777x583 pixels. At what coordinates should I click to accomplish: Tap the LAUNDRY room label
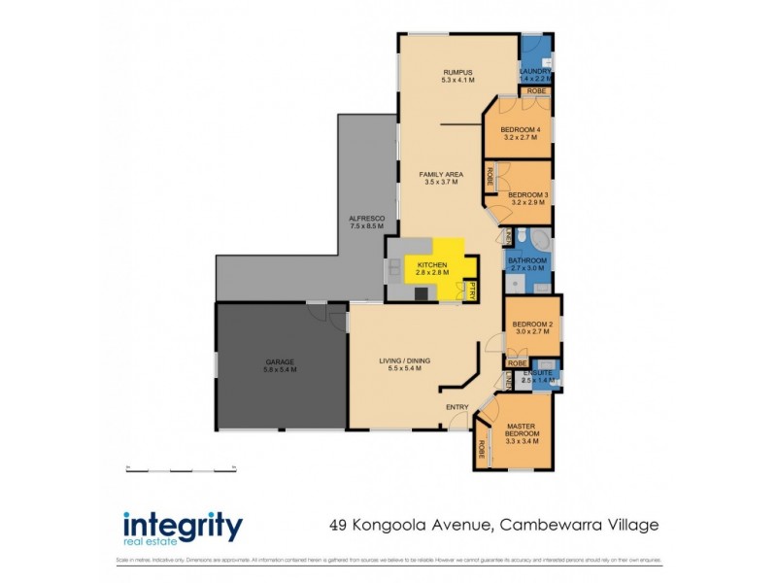(536, 71)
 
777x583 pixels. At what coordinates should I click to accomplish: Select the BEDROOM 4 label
(521, 129)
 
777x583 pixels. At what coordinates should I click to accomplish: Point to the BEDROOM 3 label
(528, 194)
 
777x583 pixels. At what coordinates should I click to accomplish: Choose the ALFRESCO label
(367, 220)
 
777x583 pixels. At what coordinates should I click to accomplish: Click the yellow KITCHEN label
(432, 265)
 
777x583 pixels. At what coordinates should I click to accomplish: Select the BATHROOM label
(528, 260)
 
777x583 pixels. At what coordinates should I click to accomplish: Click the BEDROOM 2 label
(532, 324)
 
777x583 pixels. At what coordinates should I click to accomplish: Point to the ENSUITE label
(537, 372)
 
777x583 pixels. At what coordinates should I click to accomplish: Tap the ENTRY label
(457, 406)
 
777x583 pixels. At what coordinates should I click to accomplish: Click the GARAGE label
(280, 361)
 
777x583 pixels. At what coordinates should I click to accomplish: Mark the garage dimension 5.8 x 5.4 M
(280, 370)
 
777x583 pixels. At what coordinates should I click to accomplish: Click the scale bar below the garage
(182, 469)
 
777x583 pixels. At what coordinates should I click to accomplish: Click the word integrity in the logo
(182, 526)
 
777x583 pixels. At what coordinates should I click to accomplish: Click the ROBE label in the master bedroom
(482, 452)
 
